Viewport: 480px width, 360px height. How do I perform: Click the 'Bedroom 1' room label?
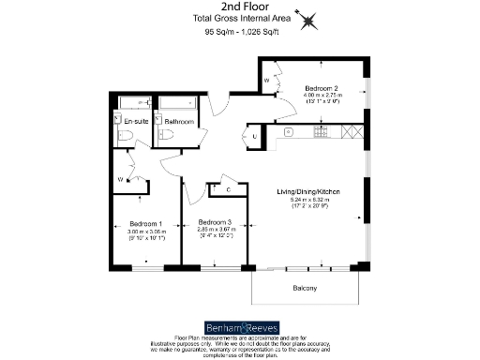(x=146, y=223)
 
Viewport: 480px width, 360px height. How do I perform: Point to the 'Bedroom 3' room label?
(x=216, y=220)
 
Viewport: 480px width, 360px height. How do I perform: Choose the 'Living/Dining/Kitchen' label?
(x=307, y=192)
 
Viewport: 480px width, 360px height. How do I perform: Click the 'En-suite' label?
(x=137, y=122)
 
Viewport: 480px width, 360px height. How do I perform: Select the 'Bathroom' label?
(x=179, y=122)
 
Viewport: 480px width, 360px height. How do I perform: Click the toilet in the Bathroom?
(x=176, y=137)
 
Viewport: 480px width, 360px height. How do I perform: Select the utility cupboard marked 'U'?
(x=256, y=137)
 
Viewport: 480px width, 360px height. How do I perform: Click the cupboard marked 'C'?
(x=229, y=191)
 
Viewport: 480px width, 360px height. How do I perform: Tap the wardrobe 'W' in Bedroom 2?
(x=267, y=82)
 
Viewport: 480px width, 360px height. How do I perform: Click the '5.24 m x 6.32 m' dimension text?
(x=307, y=200)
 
